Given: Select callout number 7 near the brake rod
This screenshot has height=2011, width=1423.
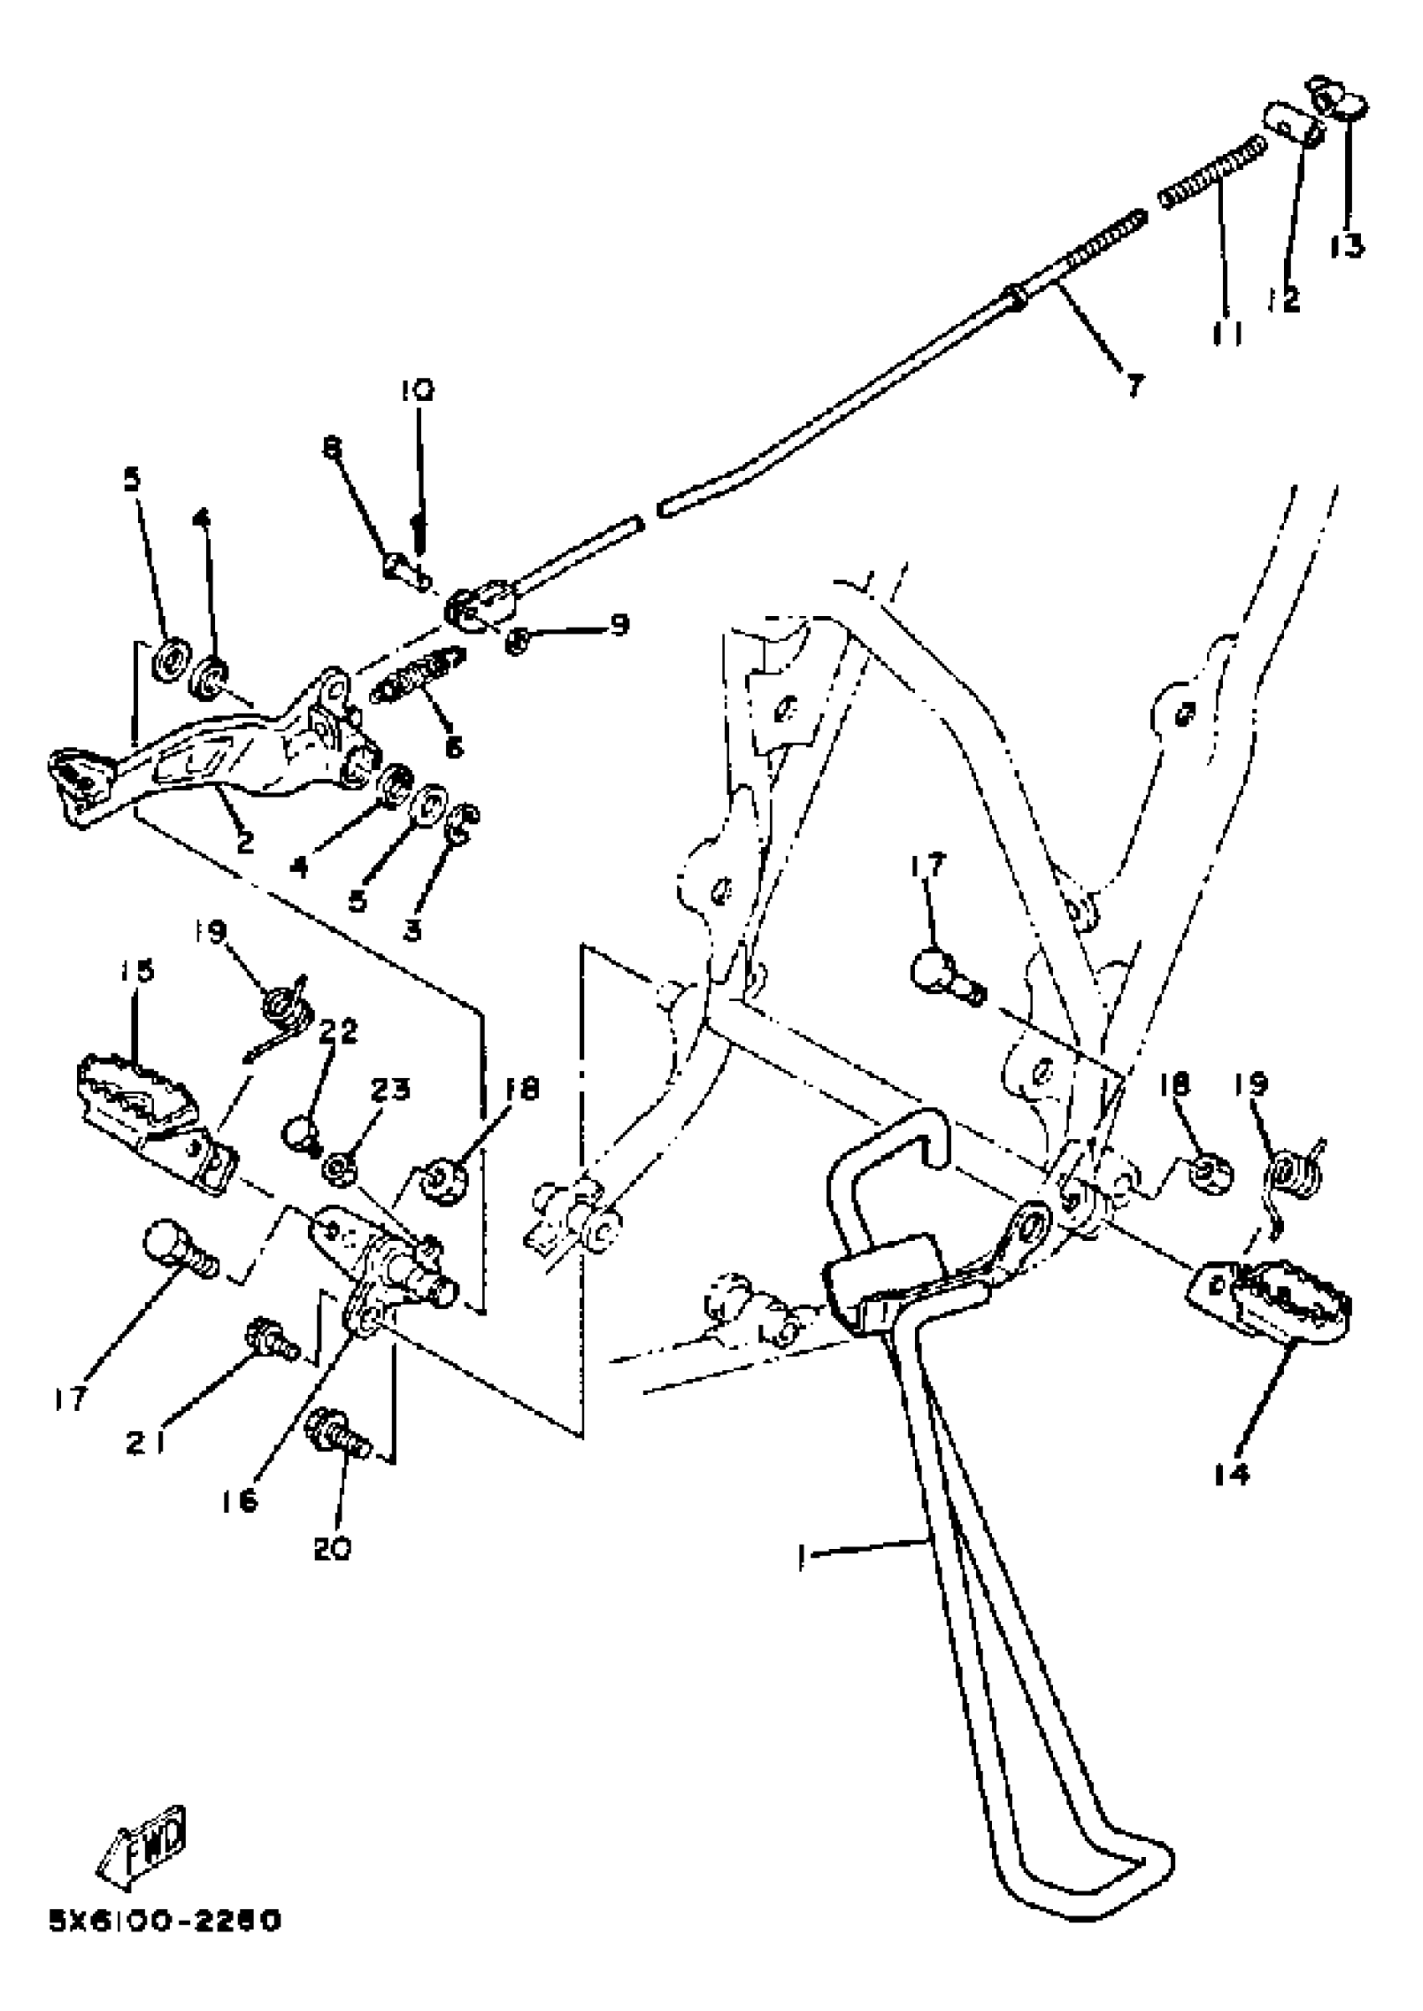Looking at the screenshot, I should pos(1134,383).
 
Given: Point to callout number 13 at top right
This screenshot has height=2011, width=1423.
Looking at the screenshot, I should pos(1347,246).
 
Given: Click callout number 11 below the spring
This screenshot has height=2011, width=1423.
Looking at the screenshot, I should pos(1228,333).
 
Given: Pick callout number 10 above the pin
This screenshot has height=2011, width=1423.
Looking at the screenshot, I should pos(418,390).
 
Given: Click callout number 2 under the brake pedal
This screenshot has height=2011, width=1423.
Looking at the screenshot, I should pos(244,843).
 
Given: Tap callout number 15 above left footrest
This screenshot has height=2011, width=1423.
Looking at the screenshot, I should pos(137,971).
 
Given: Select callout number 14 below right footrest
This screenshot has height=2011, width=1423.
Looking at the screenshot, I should pos(1231,1475).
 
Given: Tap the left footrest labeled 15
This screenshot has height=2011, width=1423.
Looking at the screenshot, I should pos(149,1108).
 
